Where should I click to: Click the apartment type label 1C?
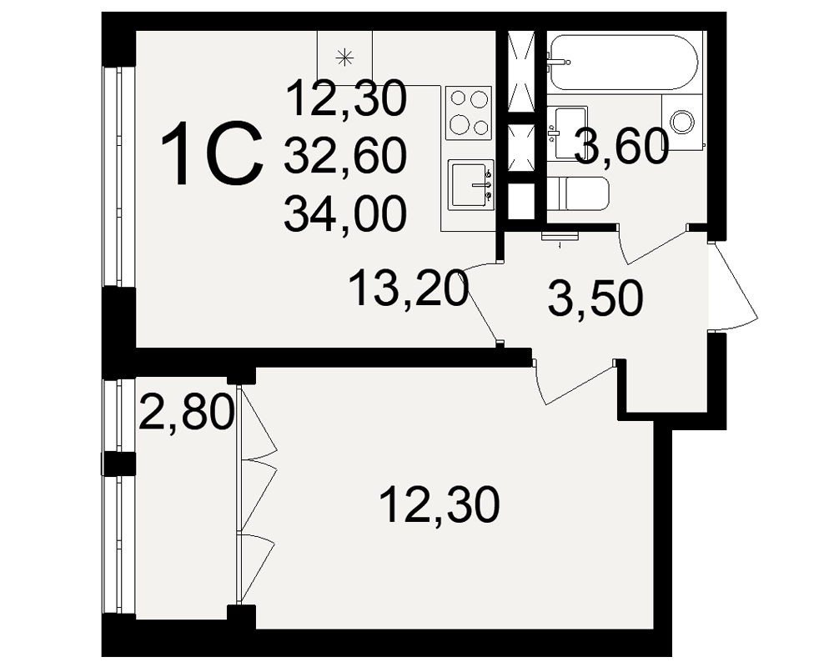[x=212, y=153]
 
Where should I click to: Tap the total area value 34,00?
[x=346, y=213]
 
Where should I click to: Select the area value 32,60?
[x=346, y=156]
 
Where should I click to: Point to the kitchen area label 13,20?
[x=409, y=288]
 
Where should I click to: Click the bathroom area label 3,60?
[x=620, y=146]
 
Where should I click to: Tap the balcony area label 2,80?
[x=186, y=411]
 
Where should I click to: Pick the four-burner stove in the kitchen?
[x=469, y=113]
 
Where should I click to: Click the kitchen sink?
[x=470, y=184]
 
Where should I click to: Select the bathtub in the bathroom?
[x=623, y=63]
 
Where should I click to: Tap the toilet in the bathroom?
[x=578, y=193]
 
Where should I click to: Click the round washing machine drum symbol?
[x=682, y=121]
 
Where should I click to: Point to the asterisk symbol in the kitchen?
[x=345, y=57]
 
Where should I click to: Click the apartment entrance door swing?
[x=733, y=286]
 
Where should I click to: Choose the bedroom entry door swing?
[x=575, y=381]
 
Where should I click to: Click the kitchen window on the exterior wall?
[x=113, y=177]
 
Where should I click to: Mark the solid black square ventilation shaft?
[x=520, y=201]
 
